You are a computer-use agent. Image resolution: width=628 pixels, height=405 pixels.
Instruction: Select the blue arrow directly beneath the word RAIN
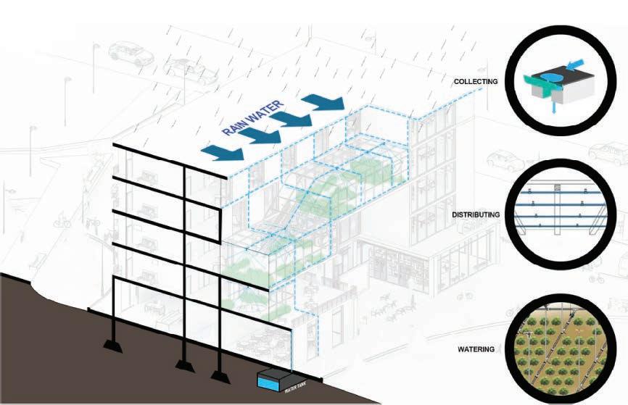point(226,150)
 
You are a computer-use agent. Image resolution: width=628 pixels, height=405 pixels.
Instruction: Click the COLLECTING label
point(476,82)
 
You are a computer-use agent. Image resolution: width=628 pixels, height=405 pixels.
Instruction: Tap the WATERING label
point(476,349)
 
